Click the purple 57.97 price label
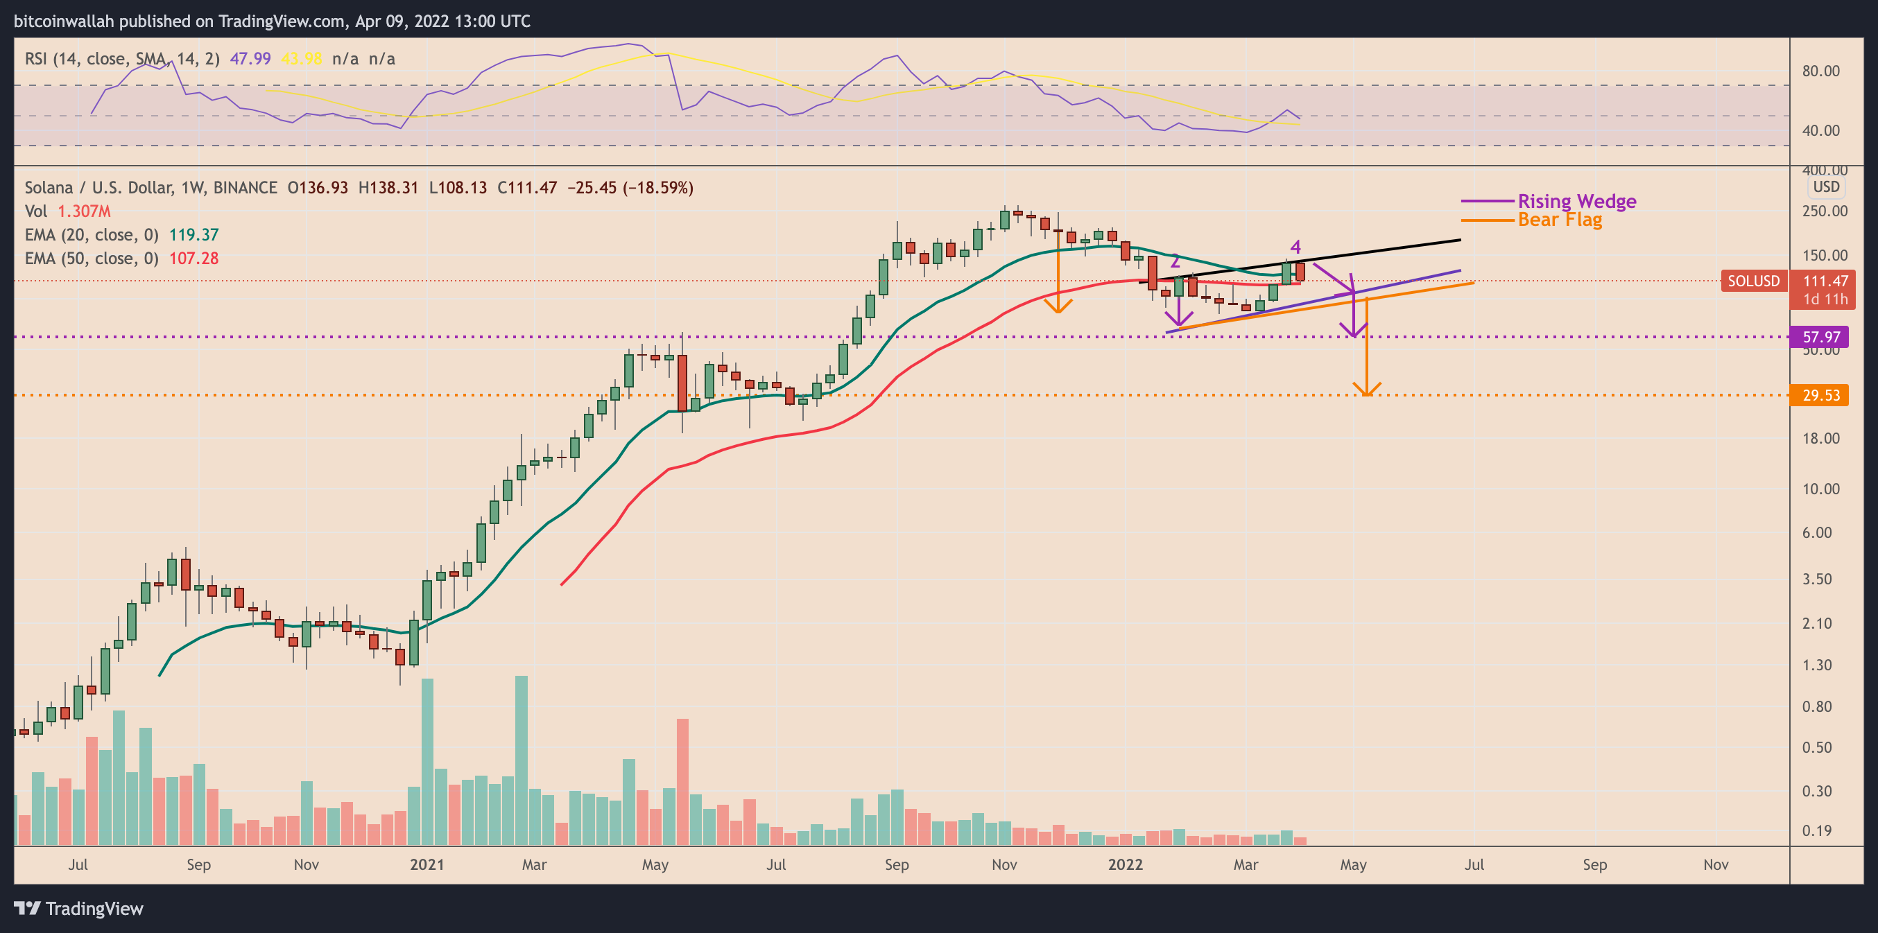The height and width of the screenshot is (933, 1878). (x=1820, y=337)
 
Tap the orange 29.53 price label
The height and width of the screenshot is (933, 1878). (x=1820, y=395)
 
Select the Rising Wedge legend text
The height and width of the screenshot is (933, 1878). (x=1577, y=201)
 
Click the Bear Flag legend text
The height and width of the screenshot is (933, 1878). (x=1560, y=220)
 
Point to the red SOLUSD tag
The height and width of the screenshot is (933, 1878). (x=1753, y=281)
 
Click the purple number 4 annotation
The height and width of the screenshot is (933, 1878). (x=1295, y=247)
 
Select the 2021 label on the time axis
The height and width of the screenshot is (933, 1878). (x=427, y=864)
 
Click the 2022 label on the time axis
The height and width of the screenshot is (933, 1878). (x=1125, y=864)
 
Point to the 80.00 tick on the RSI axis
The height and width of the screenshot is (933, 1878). (x=1820, y=71)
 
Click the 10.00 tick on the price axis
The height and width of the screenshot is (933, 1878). (x=1820, y=489)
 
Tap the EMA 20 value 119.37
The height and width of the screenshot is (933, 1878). (x=194, y=235)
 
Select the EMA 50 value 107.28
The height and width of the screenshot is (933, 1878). (x=194, y=258)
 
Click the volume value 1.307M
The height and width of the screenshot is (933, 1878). (x=85, y=211)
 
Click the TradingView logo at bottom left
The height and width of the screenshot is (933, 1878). (x=79, y=908)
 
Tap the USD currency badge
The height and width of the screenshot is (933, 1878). (x=1826, y=186)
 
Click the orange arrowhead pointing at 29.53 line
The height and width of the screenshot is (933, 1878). (x=1367, y=390)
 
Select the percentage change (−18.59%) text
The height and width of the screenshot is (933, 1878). (x=661, y=187)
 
